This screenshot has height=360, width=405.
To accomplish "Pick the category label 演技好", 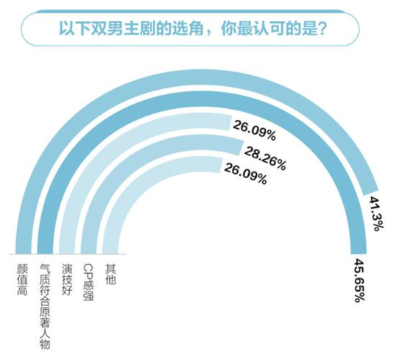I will pyautogui.click(x=66, y=279).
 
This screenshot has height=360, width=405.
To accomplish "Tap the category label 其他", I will pyautogui.click(x=110, y=274).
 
